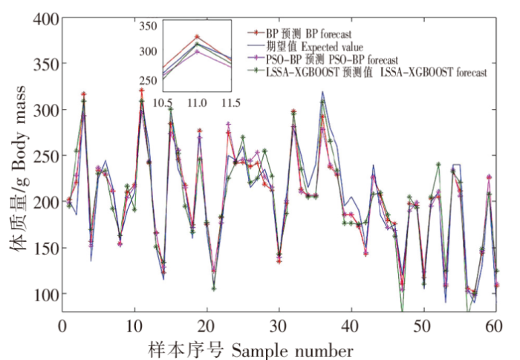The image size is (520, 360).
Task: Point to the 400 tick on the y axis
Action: click(43, 17)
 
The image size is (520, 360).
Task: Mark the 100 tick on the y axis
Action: click(43, 295)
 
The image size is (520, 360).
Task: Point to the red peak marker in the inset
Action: click(197, 36)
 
